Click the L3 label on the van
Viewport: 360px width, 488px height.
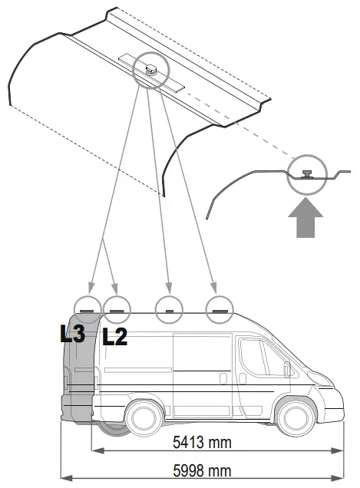coord(72,334)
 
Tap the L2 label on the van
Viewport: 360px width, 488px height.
coord(114,337)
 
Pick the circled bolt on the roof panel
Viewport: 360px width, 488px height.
coord(149,68)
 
